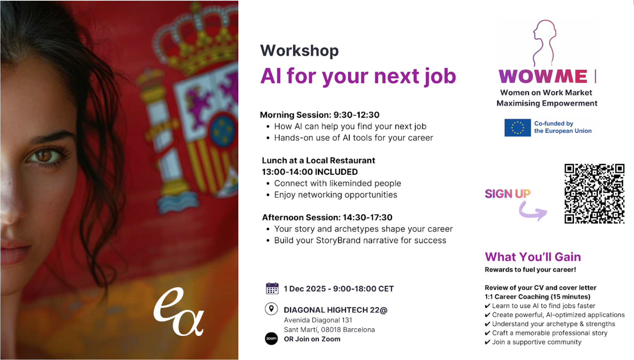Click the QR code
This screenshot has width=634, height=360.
click(594, 194)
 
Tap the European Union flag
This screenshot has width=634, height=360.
click(517, 128)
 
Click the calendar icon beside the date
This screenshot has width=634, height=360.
click(272, 288)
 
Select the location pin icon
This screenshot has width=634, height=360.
click(271, 308)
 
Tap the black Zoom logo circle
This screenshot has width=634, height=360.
click(271, 338)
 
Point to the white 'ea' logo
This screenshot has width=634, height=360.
click(179, 312)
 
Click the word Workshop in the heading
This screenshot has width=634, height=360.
click(299, 51)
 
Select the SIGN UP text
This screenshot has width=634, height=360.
click(507, 194)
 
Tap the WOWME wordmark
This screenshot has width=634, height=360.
click(543, 76)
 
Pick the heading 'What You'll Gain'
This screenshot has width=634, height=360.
click(533, 257)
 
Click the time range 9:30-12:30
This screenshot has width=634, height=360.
click(356, 115)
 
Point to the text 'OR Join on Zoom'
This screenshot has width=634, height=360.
click(312, 339)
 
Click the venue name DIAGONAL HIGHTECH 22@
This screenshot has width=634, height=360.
click(335, 310)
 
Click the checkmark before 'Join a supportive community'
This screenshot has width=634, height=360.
click(487, 342)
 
